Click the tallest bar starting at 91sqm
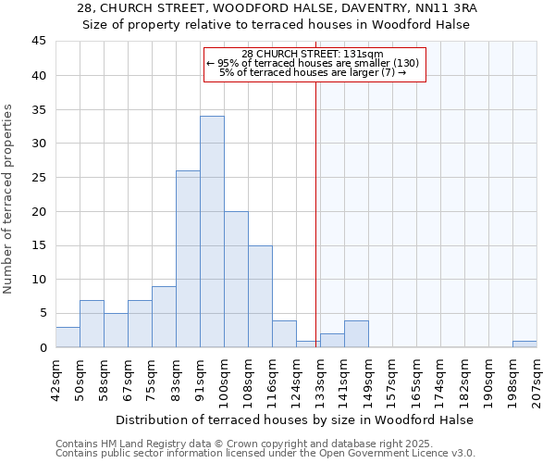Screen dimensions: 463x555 [x=212, y=231]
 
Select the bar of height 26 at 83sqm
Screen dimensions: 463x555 [x=188, y=259]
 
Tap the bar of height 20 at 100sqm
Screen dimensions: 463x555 [x=236, y=279]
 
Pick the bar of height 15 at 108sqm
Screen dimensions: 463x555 [x=260, y=296]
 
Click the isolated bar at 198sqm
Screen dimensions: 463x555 [x=524, y=344]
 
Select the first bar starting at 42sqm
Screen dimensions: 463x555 [x=68, y=337]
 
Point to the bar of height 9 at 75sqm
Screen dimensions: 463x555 [x=164, y=317]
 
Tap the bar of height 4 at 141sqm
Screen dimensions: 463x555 [x=356, y=333]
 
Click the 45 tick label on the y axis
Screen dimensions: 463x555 [x=38, y=42]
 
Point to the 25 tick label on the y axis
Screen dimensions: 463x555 [x=38, y=178]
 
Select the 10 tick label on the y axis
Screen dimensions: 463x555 [x=38, y=280]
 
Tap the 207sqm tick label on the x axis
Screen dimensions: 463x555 [x=536, y=378]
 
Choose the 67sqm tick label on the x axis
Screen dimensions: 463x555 [x=128, y=378]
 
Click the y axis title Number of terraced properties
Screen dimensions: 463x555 [x=8, y=199]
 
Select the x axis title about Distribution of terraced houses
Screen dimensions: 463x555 [x=294, y=419]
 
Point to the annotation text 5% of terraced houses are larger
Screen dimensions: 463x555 [x=313, y=72]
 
